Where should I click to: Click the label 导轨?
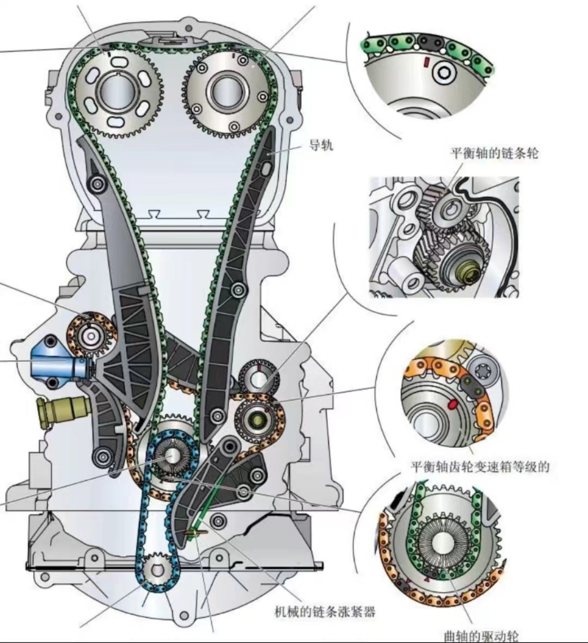321,145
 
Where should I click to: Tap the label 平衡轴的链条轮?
494,153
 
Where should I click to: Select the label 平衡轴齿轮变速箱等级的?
480,466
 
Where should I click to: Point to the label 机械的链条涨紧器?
325,612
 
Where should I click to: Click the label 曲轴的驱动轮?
481,635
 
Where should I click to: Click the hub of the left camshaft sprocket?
118,92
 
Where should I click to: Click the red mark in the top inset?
427,61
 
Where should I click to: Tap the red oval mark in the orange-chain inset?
451,404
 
